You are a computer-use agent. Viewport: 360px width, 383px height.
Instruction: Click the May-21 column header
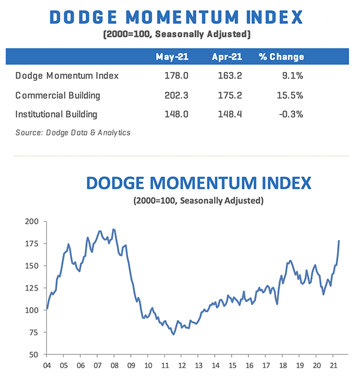click(x=173, y=57)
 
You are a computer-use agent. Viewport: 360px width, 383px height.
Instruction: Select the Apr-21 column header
click(x=227, y=57)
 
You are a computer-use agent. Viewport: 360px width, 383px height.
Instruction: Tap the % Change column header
click(x=281, y=57)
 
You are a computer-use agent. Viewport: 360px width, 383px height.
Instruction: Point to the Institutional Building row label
click(x=56, y=113)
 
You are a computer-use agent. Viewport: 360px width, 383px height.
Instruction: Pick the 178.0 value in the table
click(x=176, y=76)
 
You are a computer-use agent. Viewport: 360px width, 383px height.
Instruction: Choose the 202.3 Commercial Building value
click(x=175, y=95)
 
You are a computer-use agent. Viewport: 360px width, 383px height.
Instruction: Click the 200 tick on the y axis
click(x=31, y=221)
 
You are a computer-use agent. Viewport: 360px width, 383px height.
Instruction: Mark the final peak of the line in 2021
click(x=339, y=241)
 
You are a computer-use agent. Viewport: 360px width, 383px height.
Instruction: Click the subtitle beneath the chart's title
click(x=198, y=200)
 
